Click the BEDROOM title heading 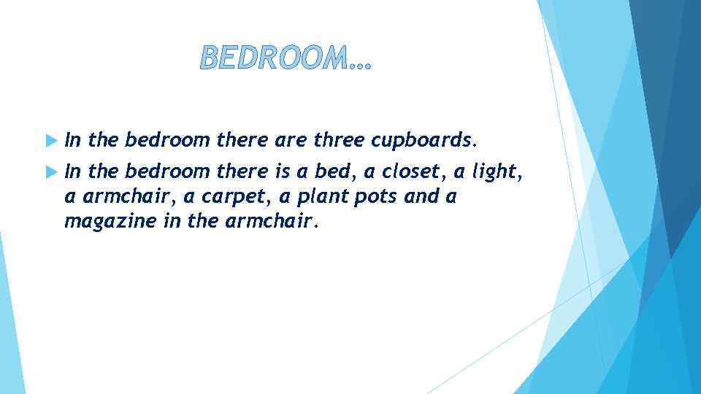pyautogui.click(x=286, y=58)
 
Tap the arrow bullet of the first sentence pyautogui.click(x=50, y=139)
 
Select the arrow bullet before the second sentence pyautogui.click(x=50, y=172)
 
